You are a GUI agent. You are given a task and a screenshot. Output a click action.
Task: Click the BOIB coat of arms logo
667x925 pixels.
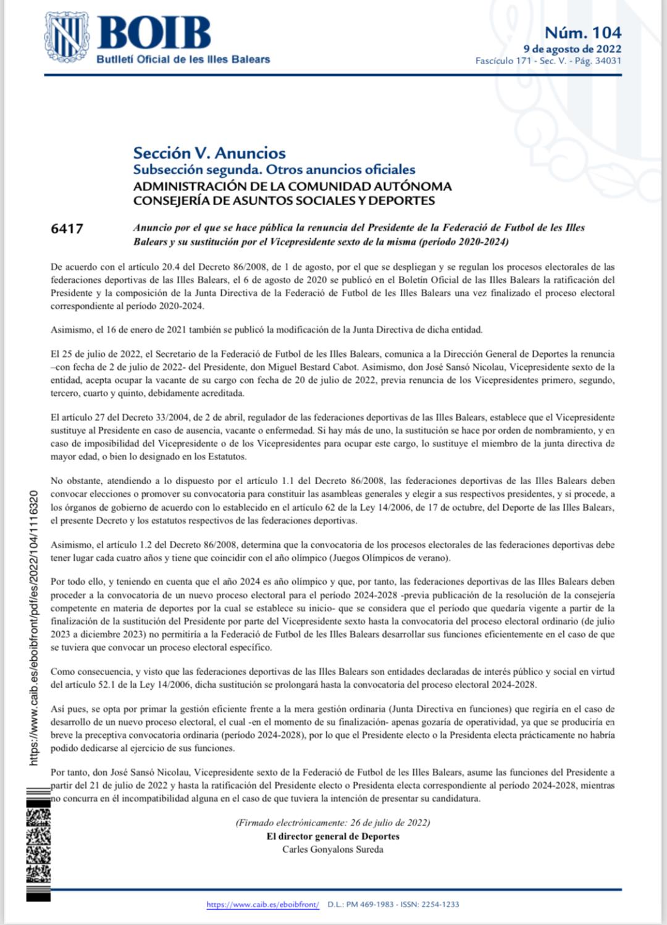[x=65, y=36]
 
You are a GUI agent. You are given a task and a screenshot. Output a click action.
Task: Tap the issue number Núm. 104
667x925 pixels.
[x=582, y=32]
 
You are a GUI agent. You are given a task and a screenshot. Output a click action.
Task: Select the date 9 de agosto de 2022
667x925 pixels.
[x=572, y=49]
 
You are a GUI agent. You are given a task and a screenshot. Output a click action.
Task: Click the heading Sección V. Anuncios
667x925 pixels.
[x=209, y=153]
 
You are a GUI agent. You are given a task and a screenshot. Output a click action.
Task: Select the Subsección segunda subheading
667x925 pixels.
[x=274, y=169]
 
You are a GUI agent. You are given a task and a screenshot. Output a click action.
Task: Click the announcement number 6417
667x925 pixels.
[x=67, y=228]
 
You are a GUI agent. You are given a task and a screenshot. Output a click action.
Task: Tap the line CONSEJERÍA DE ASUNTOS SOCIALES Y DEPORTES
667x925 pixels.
[x=284, y=200]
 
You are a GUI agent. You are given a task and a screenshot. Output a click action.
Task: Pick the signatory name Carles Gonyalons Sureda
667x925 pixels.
[x=332, y=849]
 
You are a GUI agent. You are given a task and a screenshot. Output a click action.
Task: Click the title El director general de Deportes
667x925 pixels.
[x=332, y=836]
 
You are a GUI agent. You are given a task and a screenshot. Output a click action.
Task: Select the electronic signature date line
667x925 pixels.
[x=332, y=822]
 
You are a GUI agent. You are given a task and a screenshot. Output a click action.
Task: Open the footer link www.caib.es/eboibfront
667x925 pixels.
[x=262, y=905]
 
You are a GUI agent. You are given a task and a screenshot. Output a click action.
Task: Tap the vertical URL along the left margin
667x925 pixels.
[x=35, y=627]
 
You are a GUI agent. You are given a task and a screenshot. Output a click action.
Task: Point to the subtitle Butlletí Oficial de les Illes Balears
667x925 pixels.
[x=183, y=59]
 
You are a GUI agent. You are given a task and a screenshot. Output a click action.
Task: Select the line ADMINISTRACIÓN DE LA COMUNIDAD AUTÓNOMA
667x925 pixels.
[x=292, y=186]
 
